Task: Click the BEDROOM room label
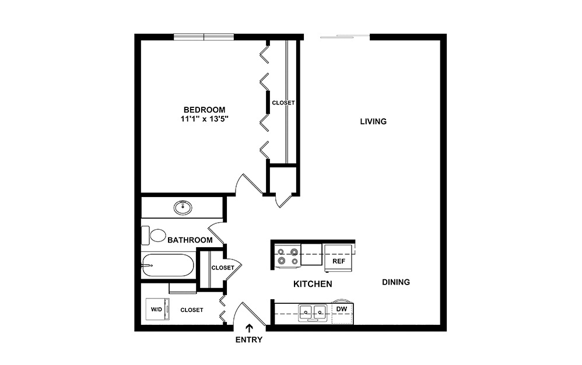(204, 110)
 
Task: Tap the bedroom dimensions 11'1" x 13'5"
(204, 120)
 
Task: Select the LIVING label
(373, 122)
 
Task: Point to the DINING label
(396, 282)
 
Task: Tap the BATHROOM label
(190, 240)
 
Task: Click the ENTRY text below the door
(249, 340)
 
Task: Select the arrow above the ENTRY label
(250, 329)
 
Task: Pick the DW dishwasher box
(342, 308)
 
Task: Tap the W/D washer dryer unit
(157, 310)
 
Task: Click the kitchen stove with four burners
(287, 256)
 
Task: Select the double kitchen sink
(313, 313)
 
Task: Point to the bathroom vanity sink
(183, 206)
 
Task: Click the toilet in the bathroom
(156, 236)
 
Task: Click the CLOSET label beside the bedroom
(283, 103)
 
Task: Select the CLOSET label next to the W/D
(192, 310)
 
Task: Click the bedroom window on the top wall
(204, 37)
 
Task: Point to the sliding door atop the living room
(345, 37)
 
